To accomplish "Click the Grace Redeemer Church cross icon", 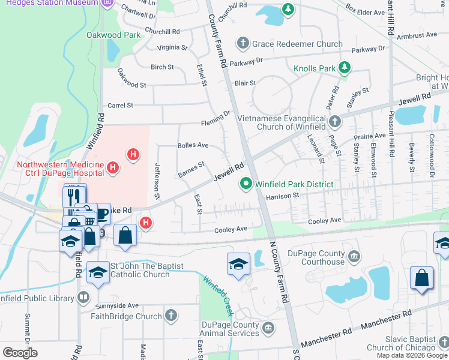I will click(x=243, y=43).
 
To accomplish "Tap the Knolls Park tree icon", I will click(x=345, y=68).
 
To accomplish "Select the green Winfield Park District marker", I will click(x=246, y=184).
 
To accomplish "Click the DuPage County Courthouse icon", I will click(x=354, y=257).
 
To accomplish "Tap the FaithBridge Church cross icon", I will click(x=171, y=316).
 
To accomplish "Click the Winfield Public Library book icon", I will click(x=83, y=296).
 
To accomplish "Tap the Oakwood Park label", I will click(x=113, y=35).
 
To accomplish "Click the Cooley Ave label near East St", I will click(x=232, y=229).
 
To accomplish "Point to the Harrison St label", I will click(x=282, y=196).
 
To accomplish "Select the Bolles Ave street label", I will click(x=193, y=145).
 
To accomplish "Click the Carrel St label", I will click(x=120, y=106).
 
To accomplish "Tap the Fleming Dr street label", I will click(x=219, y=114).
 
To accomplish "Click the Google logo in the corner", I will click(x=20, y=352).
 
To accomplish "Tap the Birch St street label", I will click(x=162, y=67).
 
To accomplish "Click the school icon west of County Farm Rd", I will click(x=238, y=263).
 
